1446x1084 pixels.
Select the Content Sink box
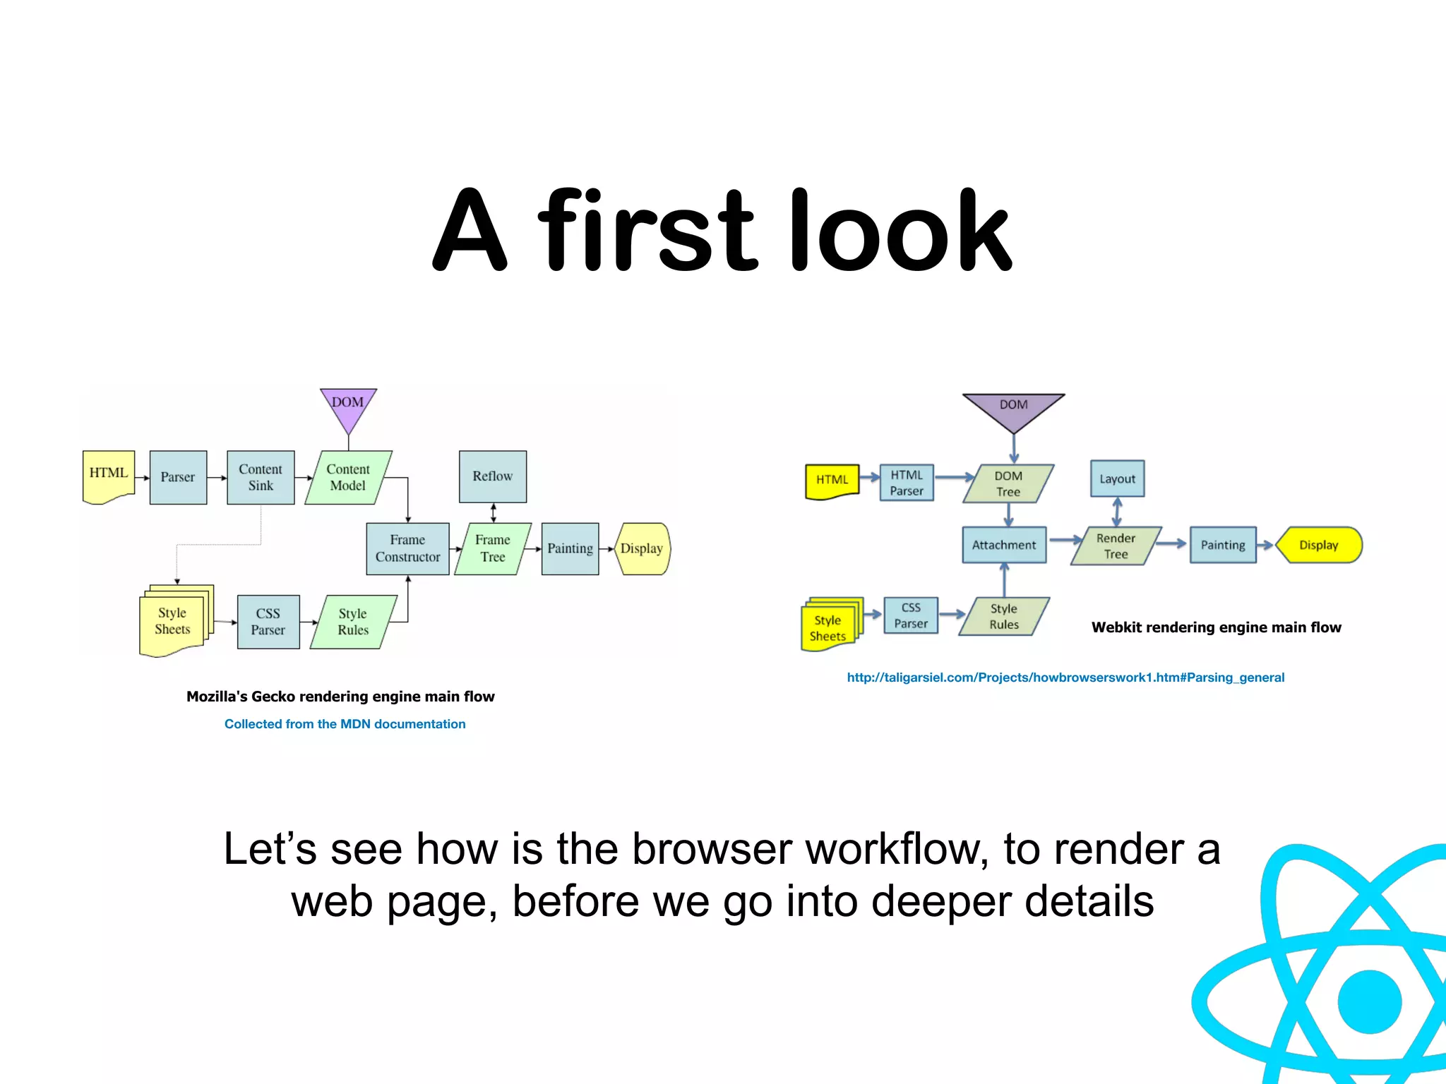click(x=261, y=478)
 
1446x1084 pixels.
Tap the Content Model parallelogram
click(x=348, y=478)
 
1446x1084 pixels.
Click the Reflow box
click(x=493, y=476)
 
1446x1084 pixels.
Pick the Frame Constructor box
click(x=407, y=548)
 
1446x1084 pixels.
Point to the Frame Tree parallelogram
click(x=493, y=548)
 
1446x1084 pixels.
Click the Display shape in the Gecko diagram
click(x=642, y=548)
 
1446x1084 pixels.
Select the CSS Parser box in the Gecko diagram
click(x=268, y=622)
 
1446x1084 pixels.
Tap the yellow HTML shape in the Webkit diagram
click(x=832, y=481)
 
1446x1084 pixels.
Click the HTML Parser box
click(x=907, y=483)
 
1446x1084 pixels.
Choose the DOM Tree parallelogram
click(x=1008, y=483)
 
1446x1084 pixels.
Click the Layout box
click(x=1117, y=478)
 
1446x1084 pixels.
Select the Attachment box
click(x=1004, y=545)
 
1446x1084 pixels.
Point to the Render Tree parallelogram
click(x=1116, y=546)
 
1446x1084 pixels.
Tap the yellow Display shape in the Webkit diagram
click(x=1319, y=545)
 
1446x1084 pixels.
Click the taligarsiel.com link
click(x=1065, y=677)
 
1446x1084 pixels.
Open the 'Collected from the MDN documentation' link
click(x=345, y=724)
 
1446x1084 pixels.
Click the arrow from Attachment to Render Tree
click(x=1065, y=541)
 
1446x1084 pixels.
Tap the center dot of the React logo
click(x=1369, y=1001)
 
